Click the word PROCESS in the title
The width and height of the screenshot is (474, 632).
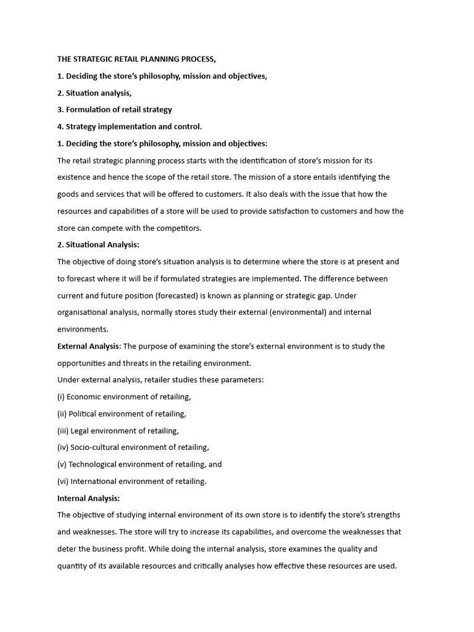click(x=196, y=59)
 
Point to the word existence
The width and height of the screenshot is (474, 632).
click(x=77, y=177)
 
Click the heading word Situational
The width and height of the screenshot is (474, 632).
click(x=89, y=245)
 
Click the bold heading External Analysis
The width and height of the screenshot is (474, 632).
click(x=88, y=346)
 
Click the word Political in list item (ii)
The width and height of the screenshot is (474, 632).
click(x=85, y=414)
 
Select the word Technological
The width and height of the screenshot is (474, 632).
click(x=95, y=464)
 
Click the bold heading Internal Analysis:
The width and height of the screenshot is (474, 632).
click(x=88, y=498)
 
